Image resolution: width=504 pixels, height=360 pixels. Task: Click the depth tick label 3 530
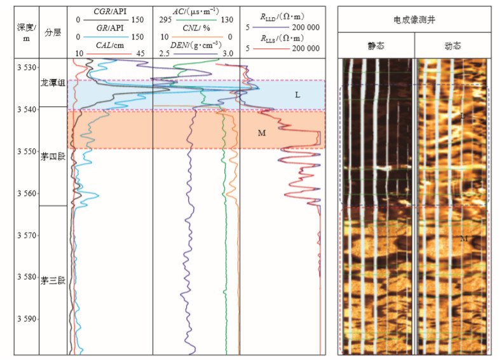click(27, 67)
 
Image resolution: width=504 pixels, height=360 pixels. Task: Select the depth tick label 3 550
click(27, 151)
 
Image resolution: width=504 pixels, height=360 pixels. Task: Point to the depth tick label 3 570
click(27, 235)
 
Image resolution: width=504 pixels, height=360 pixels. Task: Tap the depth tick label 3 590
click(27, 319)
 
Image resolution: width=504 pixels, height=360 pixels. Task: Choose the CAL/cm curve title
click(110, 45)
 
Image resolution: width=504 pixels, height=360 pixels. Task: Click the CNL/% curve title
click(196, 29)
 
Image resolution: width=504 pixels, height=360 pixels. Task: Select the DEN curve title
click(196, 45)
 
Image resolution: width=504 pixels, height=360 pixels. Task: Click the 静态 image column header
click(376, 46)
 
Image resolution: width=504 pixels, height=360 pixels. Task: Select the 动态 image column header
click(454, 46)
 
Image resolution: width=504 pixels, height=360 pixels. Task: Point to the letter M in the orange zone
click(261, 133)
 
